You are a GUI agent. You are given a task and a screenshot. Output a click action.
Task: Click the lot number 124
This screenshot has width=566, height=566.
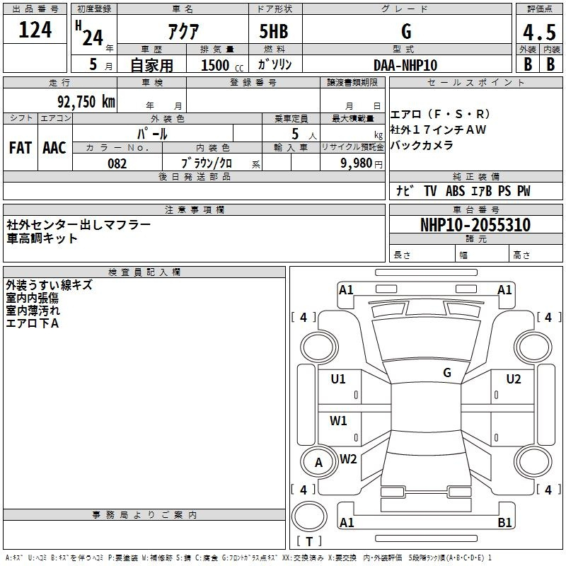click(35, 30)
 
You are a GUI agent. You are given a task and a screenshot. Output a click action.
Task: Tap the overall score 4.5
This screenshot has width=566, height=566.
click(539, 33)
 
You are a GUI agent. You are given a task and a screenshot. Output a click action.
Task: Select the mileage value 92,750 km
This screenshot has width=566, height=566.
click(86, 102)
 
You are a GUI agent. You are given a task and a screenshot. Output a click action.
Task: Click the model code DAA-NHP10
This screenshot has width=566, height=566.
click(405, 65)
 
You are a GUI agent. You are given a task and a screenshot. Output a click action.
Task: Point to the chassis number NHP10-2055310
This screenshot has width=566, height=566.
click(475, 225)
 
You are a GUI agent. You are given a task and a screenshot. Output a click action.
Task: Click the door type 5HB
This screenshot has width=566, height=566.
click(274, 31)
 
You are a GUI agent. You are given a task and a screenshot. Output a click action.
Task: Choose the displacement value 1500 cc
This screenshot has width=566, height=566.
click(222, 65)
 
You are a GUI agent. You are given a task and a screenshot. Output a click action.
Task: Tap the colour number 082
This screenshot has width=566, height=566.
click(117, 163)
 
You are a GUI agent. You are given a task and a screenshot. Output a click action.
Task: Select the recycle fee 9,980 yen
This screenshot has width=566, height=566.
click(362, 163)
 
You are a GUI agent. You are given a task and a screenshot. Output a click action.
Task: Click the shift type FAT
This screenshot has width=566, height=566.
click(21, 148)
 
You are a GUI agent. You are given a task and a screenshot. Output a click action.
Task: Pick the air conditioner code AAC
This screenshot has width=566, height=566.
click(54, 148)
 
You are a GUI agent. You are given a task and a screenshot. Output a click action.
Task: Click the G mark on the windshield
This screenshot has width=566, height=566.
click(447, 373)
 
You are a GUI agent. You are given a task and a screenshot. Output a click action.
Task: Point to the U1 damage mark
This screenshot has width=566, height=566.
click(338, 379)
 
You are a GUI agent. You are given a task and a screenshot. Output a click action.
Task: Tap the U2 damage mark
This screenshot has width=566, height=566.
click(514, 379)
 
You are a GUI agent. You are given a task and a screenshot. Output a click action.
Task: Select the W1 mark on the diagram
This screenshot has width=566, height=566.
click(338, 421)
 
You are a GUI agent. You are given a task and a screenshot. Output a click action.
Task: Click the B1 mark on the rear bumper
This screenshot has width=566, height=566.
click(504, 523)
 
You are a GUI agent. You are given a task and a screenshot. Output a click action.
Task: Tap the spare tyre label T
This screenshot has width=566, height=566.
click(309, 541)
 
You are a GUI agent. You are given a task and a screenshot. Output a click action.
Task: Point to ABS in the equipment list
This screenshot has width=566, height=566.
click(455, 190)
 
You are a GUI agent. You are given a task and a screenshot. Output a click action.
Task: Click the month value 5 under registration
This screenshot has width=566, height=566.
click(93, 64)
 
